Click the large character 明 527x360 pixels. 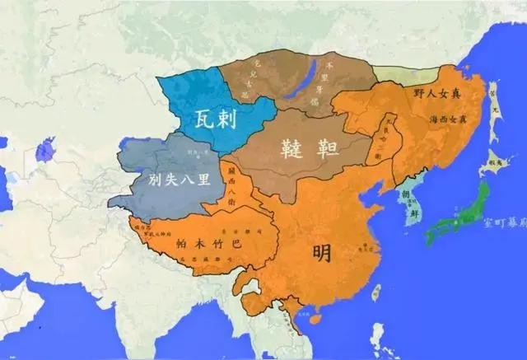point(322,252)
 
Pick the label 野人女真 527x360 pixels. point(437,95)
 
